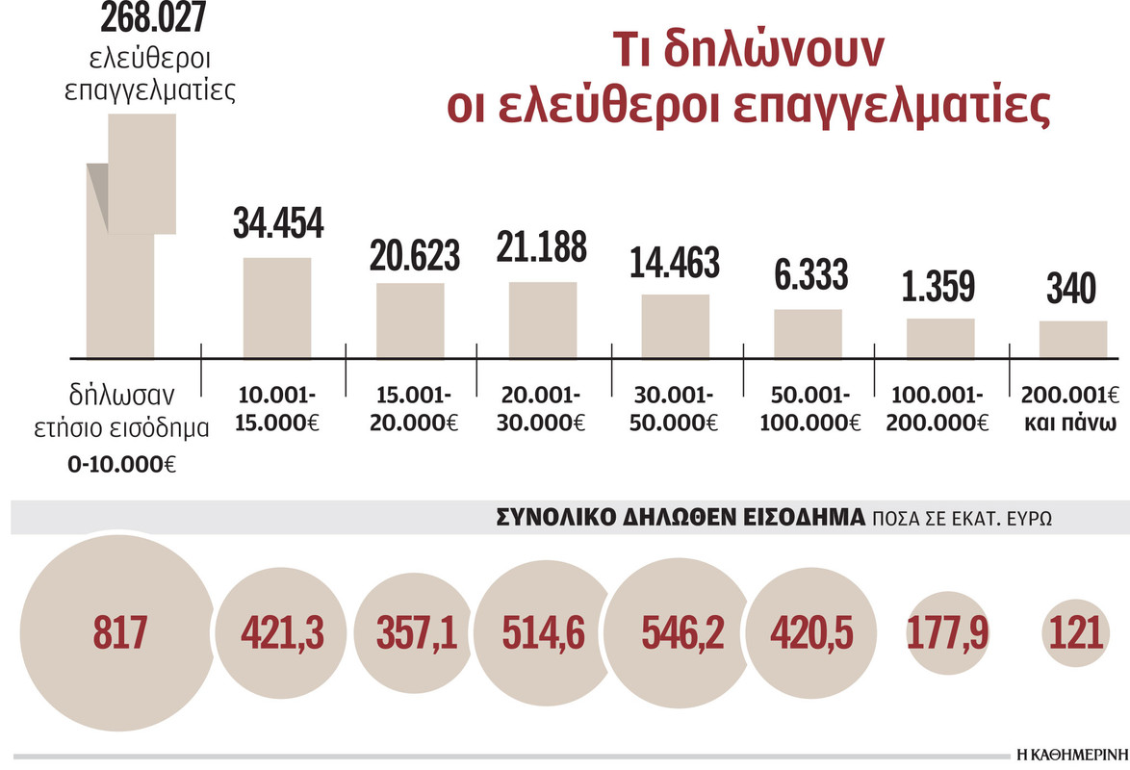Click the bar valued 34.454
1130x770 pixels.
[277, 307]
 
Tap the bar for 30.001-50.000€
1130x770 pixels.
[676, 325]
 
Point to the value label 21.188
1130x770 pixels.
[542, 247]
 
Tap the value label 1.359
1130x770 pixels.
[940, 286]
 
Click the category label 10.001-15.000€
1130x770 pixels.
[277, 409]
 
